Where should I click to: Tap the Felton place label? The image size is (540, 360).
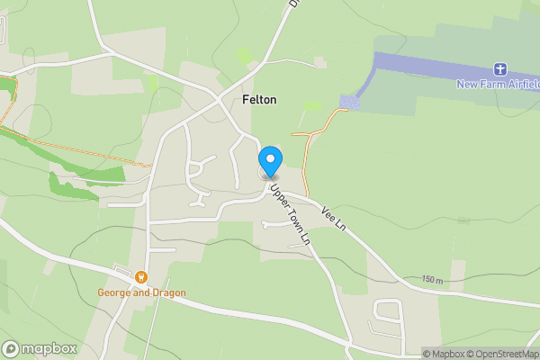258,100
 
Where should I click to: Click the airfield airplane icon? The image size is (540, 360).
500,69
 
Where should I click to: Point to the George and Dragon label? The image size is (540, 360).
141,292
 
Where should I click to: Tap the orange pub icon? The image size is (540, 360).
141,276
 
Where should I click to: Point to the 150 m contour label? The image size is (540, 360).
431,281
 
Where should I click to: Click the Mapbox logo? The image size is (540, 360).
39,348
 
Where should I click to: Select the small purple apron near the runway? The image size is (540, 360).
350,103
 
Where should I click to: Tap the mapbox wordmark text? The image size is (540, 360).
49,348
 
